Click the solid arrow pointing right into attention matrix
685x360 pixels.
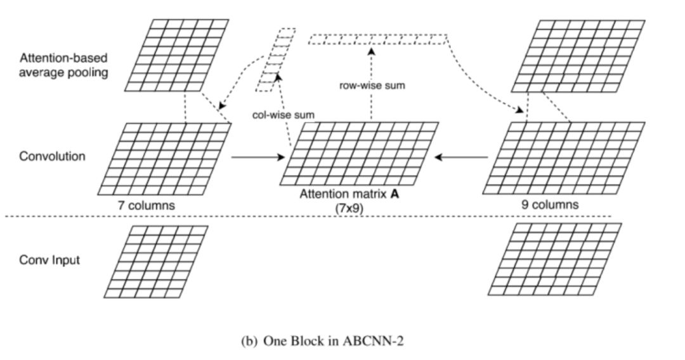tap(257, 157)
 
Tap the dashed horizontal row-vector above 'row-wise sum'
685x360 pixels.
tap(379, 39)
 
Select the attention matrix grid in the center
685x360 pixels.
tap(360, 153)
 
